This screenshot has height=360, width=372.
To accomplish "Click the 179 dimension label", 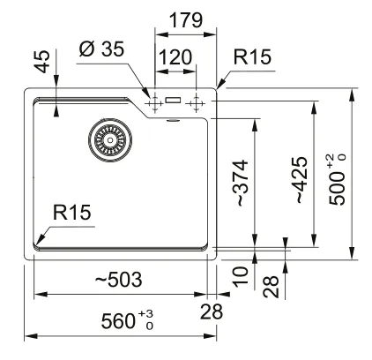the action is pyautogui.click(x=186, y=20).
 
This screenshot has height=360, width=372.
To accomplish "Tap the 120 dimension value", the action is pyautogui.click(x=175, y=57).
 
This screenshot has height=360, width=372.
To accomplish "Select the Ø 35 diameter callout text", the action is pyautogui.click(x=101, y=49).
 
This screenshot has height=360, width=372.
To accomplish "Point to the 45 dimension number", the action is pyautogui.click(x=42, y=62).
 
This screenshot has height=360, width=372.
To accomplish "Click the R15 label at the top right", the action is pyautogui.click(x=252, y=56).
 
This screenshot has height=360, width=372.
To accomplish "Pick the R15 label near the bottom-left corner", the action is pyautogui.click(x=72, y=213).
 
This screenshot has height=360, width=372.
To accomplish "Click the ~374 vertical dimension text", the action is pyautogui.click(x=241, y=183).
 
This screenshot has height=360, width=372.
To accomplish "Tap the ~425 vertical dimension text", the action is pyautogui.click(x=301, y=180).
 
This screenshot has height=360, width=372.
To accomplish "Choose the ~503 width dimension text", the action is pyautogui.click(x=119, y=280).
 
